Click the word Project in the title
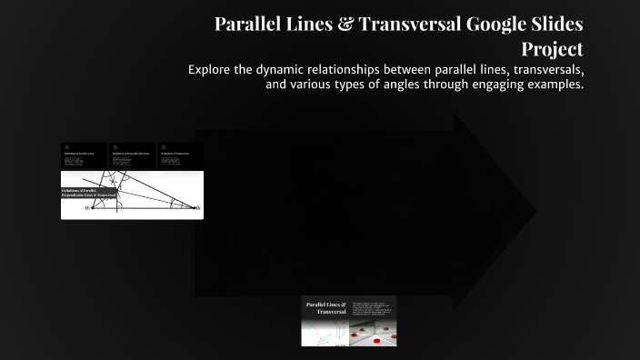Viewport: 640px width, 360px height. (x=552, y=48)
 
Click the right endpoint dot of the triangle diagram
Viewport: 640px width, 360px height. (x=198, y=207)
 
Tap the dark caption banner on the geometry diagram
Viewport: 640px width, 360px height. (x=88, y=193)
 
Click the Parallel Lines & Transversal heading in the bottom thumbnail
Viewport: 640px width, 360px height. (x=325, y=307)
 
